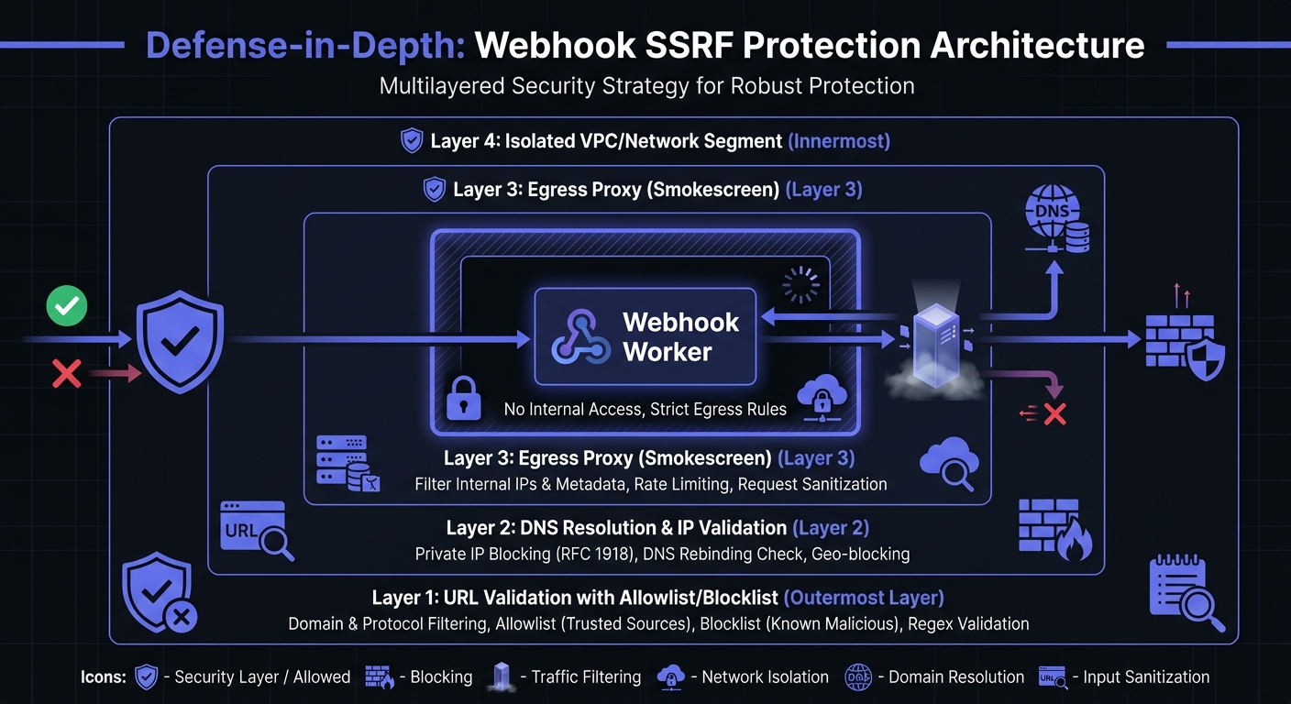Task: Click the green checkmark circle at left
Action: (66, 307)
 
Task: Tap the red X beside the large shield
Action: (66, 373)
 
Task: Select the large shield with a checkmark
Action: (180, 340)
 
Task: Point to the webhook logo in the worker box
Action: (581, 336)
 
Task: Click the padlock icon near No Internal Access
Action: (464, 400)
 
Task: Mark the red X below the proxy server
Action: (1054, 414)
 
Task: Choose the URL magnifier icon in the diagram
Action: (257, 530)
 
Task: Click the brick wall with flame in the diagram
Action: (1054, 529)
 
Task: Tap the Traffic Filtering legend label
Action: (586, 677)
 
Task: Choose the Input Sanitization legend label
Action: (1146, 677)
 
